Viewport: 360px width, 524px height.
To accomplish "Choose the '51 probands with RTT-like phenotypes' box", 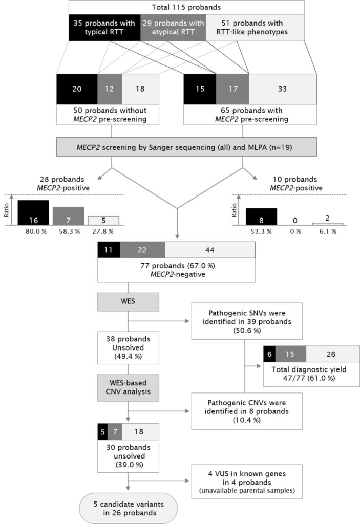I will pos(255,27).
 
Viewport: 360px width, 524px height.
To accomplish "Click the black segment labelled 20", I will pos(77,88).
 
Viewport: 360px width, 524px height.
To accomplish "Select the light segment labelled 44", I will pos(210,250).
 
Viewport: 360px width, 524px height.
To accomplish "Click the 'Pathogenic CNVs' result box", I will pos(247,410).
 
